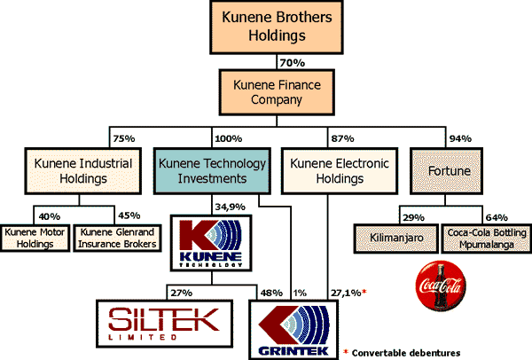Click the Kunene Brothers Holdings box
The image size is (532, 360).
tap(265, 27)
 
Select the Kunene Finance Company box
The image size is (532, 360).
tap(265, 92)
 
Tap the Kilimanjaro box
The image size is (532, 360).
tap(396, 237)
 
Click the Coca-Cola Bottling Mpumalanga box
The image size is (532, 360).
tap(482, 238)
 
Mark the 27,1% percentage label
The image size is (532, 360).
tap(345, 292)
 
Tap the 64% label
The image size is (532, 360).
tap(496, 217)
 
